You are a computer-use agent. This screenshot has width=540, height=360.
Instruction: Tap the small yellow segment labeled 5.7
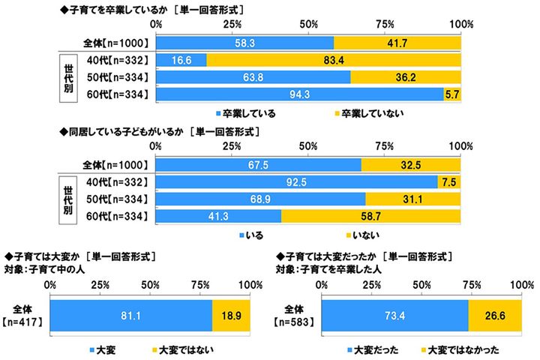tap(451, 94)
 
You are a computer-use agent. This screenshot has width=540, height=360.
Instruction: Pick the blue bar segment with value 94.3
tap(300, 94)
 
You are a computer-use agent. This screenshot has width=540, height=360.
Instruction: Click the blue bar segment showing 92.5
tap(297, 181)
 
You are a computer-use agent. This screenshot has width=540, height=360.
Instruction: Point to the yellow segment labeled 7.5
tap(448, 181)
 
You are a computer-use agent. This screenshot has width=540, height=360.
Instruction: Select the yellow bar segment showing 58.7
tap(370, 216)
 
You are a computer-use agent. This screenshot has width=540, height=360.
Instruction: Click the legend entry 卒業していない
tap(367, 113)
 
